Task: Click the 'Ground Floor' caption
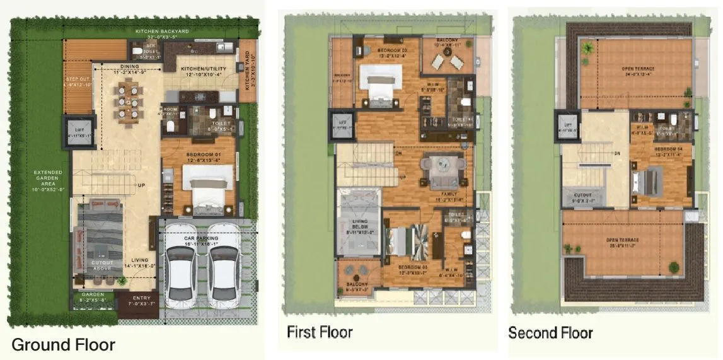click(63, 345)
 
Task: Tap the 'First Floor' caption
click(320, 332)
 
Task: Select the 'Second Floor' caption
click(550, 332)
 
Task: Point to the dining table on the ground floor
click(126, 102)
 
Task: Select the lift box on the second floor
click(568, 125)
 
